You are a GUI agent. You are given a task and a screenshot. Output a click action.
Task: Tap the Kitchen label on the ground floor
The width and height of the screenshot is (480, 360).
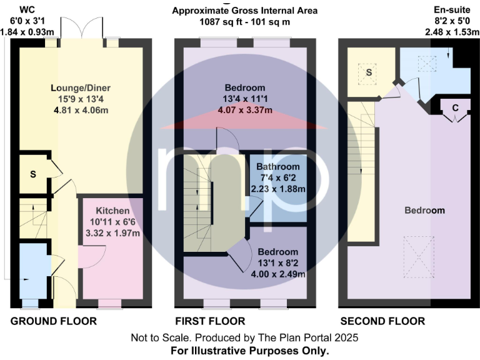(x=113, y=211)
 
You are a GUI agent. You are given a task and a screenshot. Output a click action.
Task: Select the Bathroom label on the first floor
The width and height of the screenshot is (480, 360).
(x=279, y=167)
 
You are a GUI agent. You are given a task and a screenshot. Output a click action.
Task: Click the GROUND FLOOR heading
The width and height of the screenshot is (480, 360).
(x=54, y=321)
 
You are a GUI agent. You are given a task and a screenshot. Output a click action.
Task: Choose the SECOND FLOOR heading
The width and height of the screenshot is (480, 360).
(x=382, y=321)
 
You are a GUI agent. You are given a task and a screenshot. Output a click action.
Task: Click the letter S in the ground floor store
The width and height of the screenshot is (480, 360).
(x=32, y=173)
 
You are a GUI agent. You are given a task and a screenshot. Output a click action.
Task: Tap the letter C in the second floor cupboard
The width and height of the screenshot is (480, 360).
(x=455, y=107)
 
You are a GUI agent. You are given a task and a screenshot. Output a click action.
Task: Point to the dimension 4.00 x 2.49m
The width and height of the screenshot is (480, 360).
(x=277, y=274)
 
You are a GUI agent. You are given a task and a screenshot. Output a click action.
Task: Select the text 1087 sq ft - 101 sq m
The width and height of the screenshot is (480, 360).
(x=245, y=22)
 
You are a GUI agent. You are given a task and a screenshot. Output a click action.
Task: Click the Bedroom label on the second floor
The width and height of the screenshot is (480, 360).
(x=424, y=210)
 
